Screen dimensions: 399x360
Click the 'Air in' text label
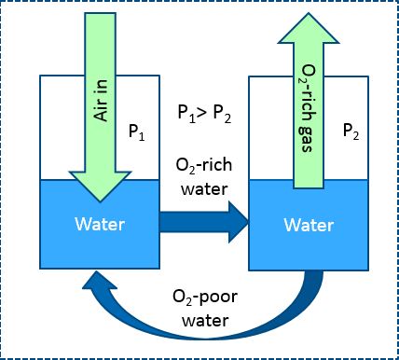click(x=101, y=101)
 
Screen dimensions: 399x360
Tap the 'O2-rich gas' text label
click(x=309, y=108)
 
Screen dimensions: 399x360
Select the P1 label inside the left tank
click(x=137, y=132)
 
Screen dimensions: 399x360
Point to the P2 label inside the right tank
click(x=351, y=131)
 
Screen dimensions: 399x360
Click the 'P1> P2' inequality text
click(x=204, y=114)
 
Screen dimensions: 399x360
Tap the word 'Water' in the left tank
click(x=100, y=224)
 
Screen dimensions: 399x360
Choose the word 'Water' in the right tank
click(x=309, y=225)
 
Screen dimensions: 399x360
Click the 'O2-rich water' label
click(x=204, y=177)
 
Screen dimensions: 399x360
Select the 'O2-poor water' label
click(x=205, y=309)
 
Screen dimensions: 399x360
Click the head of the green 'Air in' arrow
click(x=100, y=186)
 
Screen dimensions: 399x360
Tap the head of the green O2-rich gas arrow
click(x=309, y=28)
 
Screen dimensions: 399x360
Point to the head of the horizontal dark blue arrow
click(x=239, y=222)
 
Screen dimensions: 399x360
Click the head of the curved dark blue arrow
click(x=99, y=280)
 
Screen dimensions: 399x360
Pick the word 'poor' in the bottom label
click(x=218, y=298)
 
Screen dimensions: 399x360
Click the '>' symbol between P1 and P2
click(x=202, y=113)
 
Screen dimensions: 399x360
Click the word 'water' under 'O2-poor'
click(x=205, y=321)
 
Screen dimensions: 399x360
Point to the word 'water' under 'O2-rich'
click(x=204, y=189)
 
